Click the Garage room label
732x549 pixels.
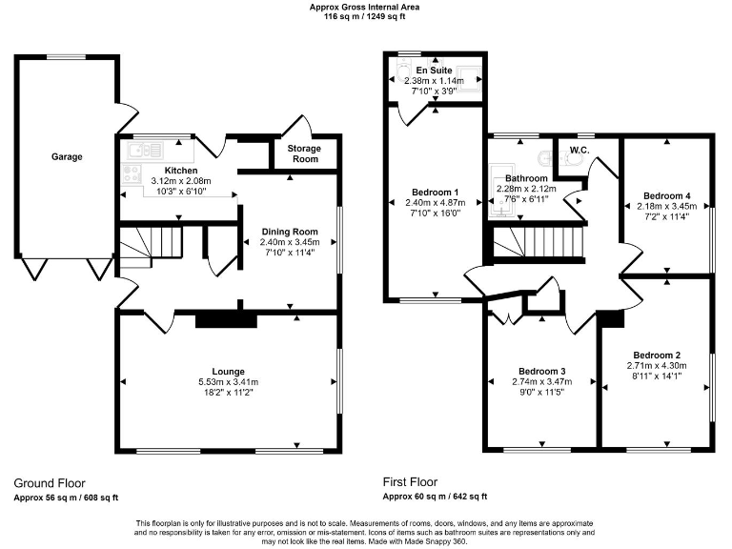(67, 156)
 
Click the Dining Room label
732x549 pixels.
(291, 232)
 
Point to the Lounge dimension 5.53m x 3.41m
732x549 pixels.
(228, 382)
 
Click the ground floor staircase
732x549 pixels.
(150, 245)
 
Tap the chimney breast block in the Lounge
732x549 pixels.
(226, 320)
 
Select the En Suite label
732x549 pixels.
(434, 71)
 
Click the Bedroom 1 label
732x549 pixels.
(434, 192)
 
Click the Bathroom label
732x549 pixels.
(526, 178)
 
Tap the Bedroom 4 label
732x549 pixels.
(666, 196)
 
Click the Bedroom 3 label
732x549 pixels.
(542, 371)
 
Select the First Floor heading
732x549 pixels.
(416, 483)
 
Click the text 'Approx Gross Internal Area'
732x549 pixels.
(365, 7)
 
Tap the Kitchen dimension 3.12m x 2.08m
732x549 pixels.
(168, 181)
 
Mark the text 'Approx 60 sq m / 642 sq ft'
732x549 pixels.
(435, 497)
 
